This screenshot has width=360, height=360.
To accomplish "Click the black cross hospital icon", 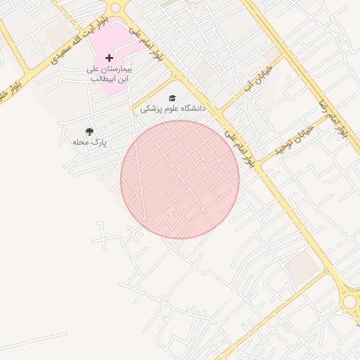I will coord(109,57).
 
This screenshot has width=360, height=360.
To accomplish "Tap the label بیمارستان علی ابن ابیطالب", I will coord(110,74).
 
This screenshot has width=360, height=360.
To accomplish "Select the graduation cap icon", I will coord(172,98).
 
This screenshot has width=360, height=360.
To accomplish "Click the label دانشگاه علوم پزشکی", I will coord(172,109).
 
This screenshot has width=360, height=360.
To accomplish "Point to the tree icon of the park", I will coord(89,131).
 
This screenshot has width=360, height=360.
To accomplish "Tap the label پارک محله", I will coord(89,142).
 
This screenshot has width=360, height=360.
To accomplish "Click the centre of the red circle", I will coord(180,179).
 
